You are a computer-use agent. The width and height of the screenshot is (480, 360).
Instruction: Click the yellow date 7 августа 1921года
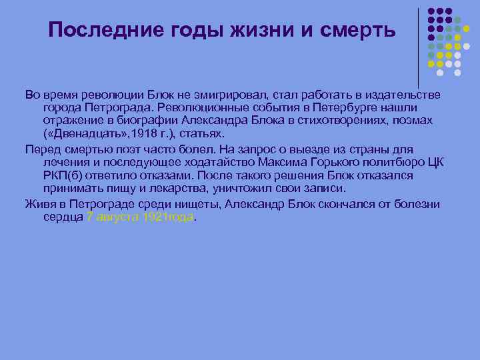pos(140,217)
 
